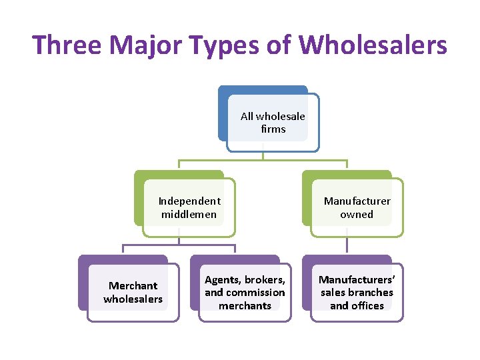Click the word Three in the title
point(67,45)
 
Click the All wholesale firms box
point(273,123)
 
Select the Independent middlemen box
point(189,207)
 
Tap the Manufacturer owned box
point(357,207)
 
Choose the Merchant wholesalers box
point(133,292)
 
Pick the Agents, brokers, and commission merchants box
point(245,292)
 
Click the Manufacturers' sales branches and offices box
point(357,292)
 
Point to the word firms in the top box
point(273,129)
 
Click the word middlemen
point(189,215)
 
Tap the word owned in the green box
point(357,215)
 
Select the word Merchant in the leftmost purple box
point(133,285)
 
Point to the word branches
point(371,293)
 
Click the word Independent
point(189,201)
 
